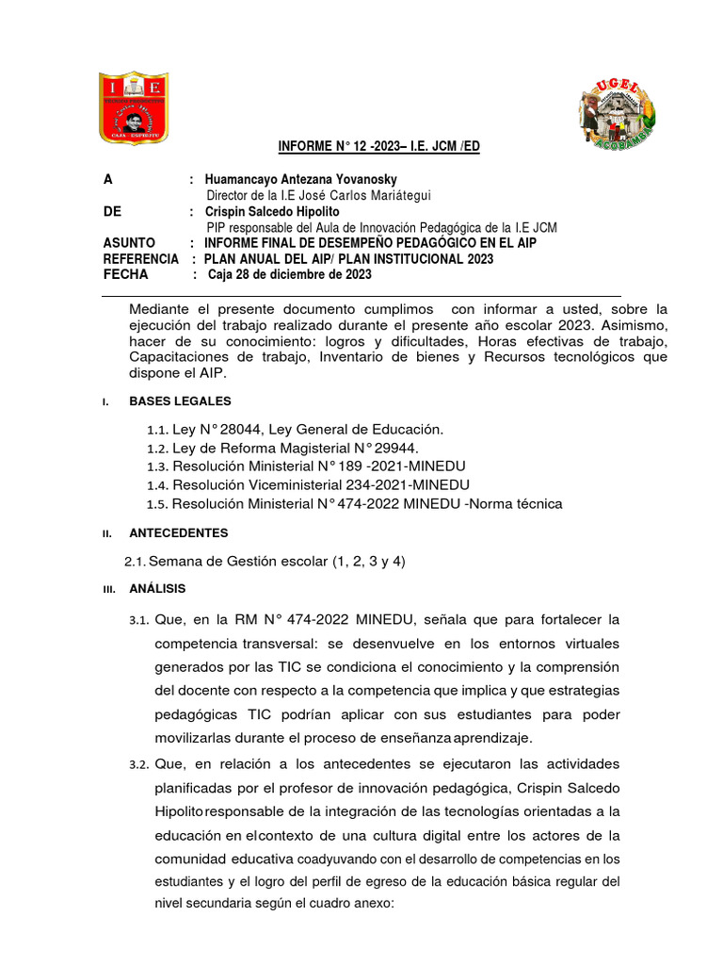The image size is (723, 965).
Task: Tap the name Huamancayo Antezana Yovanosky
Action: click(x=300, y=179)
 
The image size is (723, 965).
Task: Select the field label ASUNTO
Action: click(x=130, y=243)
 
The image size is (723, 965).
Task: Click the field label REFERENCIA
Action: click(x=140, y=259)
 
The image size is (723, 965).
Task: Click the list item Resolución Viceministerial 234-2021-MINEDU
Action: click(x=321, y=485)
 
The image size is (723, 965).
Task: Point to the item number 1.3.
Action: click(x=157, y=466)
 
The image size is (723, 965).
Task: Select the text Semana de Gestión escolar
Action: click(x=237, y=562)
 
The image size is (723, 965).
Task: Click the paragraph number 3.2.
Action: click(x=139, y=762)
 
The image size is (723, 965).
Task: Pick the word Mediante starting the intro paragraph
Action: click(x=161, y=309)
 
